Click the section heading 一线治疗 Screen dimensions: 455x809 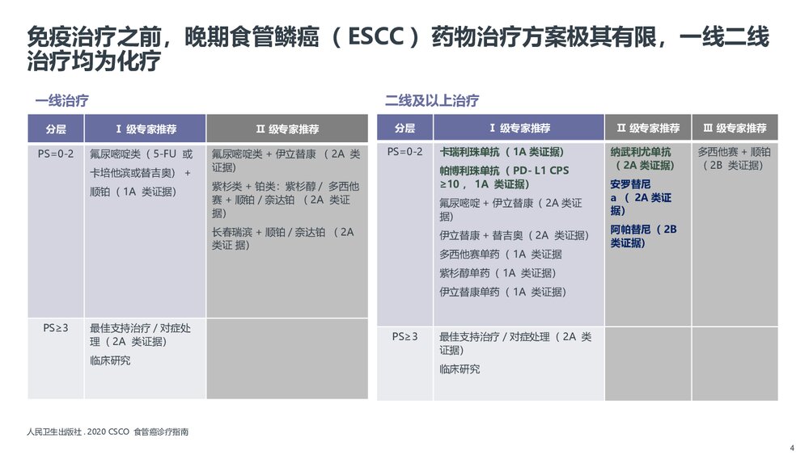[61, 101]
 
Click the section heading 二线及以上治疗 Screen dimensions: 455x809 [432, 101]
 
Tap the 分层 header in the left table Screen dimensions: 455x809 [56, 128]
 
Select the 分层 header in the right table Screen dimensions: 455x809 [404, 128]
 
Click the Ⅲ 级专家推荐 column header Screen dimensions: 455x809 [735, 128]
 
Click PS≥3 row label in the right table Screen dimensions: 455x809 [404, 336]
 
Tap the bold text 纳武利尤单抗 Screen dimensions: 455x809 [641, 152]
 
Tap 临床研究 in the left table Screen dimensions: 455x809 [110, 360]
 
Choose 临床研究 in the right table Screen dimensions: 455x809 [460, 369]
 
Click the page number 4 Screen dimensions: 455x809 [791, 448]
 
